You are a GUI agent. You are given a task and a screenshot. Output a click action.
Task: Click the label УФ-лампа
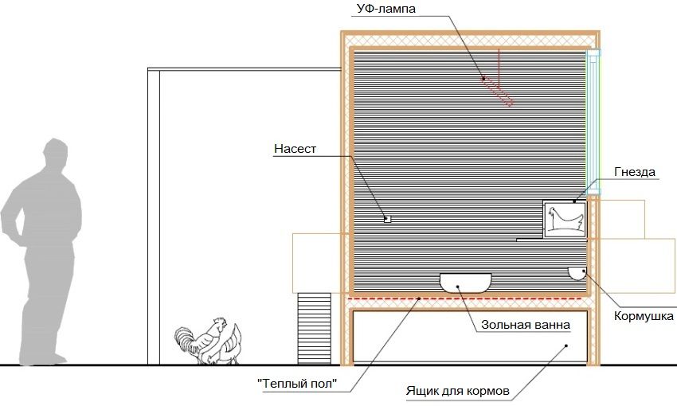point(388,9)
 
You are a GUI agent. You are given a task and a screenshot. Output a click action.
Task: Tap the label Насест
point(295,149)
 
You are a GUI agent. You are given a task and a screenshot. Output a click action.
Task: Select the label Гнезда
point(635,172)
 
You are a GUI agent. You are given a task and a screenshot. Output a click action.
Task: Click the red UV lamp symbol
point(496,89)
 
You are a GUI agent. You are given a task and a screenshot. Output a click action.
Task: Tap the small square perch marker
point(387,219)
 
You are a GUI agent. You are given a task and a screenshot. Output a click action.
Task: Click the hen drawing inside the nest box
point(566,218)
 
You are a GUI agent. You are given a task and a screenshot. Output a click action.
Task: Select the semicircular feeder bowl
point(577,272)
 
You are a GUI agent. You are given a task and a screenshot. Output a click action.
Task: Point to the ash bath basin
point(465,282)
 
